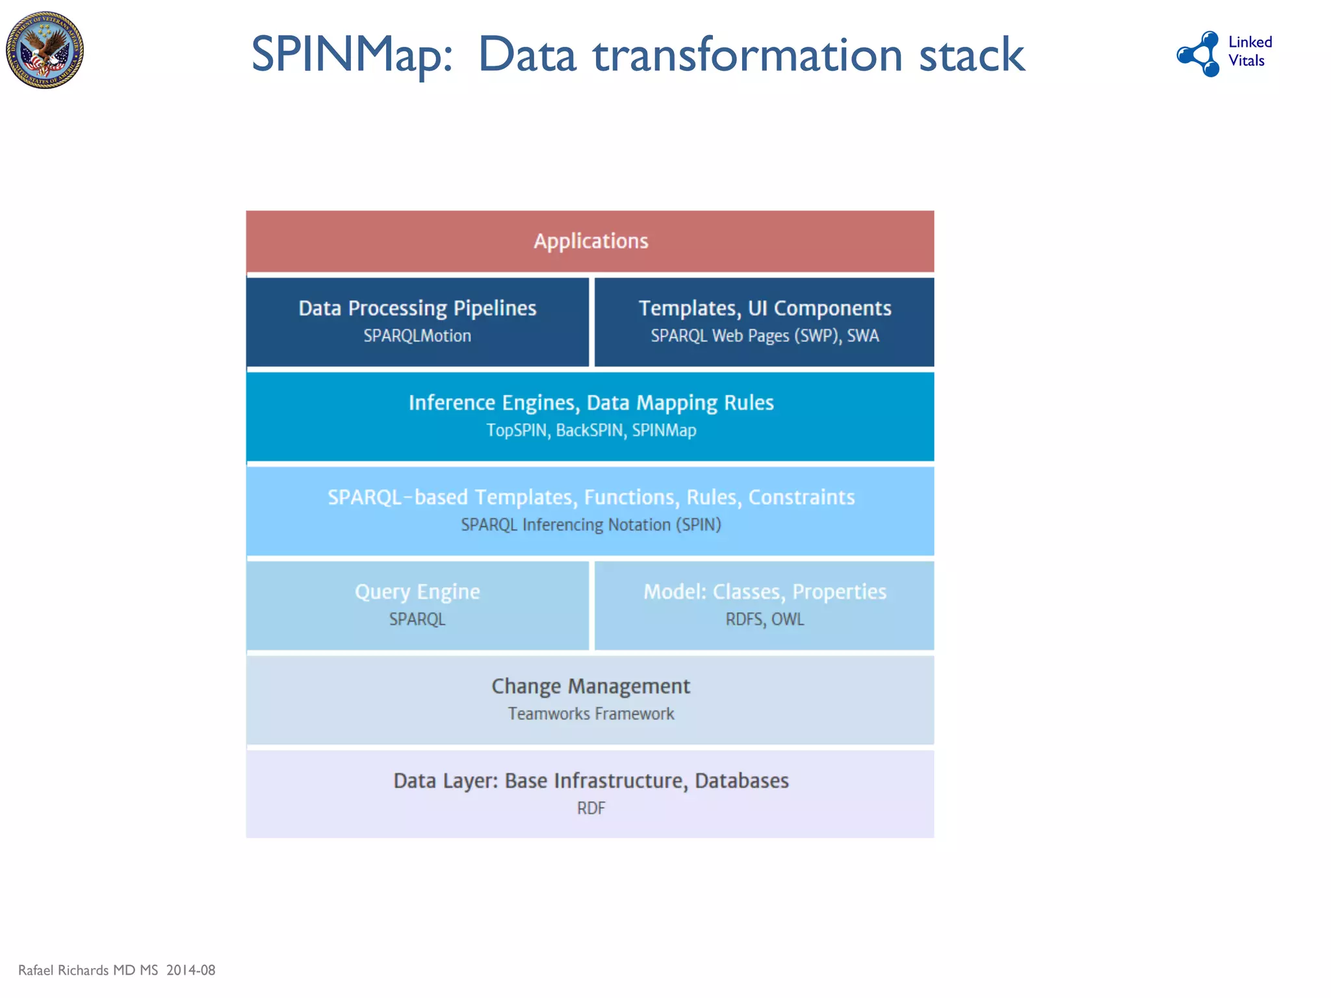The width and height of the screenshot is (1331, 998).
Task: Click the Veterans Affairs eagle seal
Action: pyautogui.click(x=45, y=50)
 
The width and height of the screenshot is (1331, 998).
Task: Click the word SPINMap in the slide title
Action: pyautogui.click(x=352, y=55)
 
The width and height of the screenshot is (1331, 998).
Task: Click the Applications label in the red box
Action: pyautogui.click(x=591, y=241)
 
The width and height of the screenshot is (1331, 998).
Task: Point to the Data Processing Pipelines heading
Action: pyautogui.click(x=417, y=308)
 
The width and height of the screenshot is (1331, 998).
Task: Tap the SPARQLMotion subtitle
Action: pyautogui.click(x=417, y=336)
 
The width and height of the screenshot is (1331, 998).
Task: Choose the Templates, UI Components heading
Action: pyautogui.click(x=764, y=308)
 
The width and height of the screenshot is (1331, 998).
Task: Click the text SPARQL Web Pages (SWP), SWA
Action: pyautogui.click(x=764, y=336)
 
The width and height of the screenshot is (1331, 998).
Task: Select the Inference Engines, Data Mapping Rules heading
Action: pyautogui.click(x=591, y=403)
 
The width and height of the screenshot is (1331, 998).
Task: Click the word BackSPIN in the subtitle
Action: pyautogui.click(x=589, y=430)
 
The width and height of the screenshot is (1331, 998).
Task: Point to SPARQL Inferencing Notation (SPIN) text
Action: pyautogui.click(x=591, y=525)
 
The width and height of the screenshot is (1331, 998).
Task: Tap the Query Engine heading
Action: pyautogui.click(x=417, y=592)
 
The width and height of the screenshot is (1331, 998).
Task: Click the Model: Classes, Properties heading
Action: pyautogui.click(x=764, y=592)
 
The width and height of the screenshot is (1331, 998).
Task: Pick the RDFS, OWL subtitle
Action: pyautogui.click(x=764, y=619)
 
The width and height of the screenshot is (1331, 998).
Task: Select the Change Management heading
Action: pyautogui.click(x=591, y=686)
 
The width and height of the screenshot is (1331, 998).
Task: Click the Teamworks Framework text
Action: pyautogui.click(x=591, y=714)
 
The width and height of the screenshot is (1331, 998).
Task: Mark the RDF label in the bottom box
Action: pyautogui.click(x=591, y=808)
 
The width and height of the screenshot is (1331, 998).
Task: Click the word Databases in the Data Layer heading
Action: pyautogui.click(x=742, y=780)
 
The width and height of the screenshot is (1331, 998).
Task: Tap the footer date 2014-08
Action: pyautogui.click(x=190, y=970)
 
